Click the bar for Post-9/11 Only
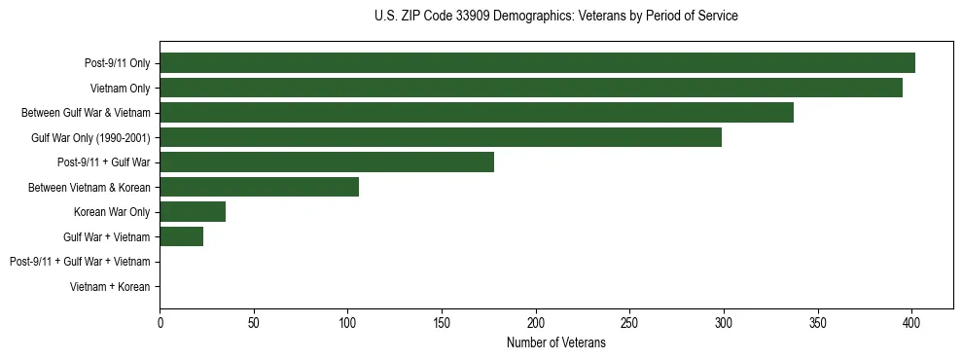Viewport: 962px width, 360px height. [537, 63]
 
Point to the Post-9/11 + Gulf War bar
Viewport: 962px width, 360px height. [327, 162]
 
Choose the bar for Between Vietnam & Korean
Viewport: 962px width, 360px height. [259, 187]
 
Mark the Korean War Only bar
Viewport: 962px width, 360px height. [193, 212]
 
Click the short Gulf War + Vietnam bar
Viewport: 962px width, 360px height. [181, 236]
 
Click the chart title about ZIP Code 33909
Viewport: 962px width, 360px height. [555, 17]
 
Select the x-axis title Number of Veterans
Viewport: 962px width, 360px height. [555, 343]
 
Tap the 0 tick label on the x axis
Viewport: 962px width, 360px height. [160, 322]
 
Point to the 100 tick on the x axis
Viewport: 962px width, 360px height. [347, 322]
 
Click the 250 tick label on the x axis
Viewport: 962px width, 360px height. [629, 322]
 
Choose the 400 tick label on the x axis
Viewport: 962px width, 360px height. [911, 322]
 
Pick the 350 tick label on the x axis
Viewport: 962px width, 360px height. [817, 322]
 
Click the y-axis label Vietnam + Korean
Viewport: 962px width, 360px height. [110, 287]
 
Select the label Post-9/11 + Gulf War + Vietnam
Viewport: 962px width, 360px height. [80, 262]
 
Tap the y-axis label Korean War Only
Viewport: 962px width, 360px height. [112, 212]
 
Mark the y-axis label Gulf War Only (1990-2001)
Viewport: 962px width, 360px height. [90, 138]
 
